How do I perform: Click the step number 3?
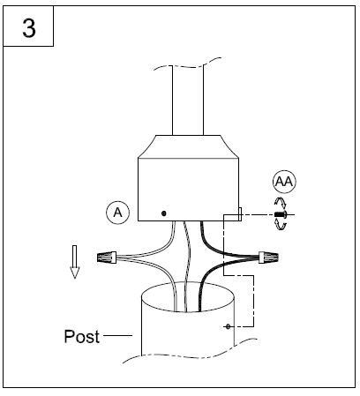[x=29, y=28]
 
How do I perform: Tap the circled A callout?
[x=117, y=213]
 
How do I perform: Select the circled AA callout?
[x=284, y=182]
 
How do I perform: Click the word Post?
[x=81, y=336]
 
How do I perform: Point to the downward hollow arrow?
[x=75, y=262]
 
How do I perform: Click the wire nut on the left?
[x=107, y=258]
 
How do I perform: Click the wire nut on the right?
[x=268, y=258]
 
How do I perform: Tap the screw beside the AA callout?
[x=281, y=214]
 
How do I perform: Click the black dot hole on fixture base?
[x=164, y=213]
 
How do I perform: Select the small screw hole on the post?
[x=228, y=326]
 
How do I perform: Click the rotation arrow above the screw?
[x=281, y=203]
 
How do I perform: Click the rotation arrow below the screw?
[x=281, y=225]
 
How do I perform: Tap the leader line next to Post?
[x=117, y=335]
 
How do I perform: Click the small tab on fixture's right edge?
[x=240, y=214]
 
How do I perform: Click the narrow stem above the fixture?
[x=188, y=100]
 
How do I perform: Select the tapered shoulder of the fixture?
[x=188, y=146]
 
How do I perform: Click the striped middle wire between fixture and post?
[x=186, y=265]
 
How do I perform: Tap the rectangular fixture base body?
[x=188, y=190]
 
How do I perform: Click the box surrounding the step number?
[x=28, y=46]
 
